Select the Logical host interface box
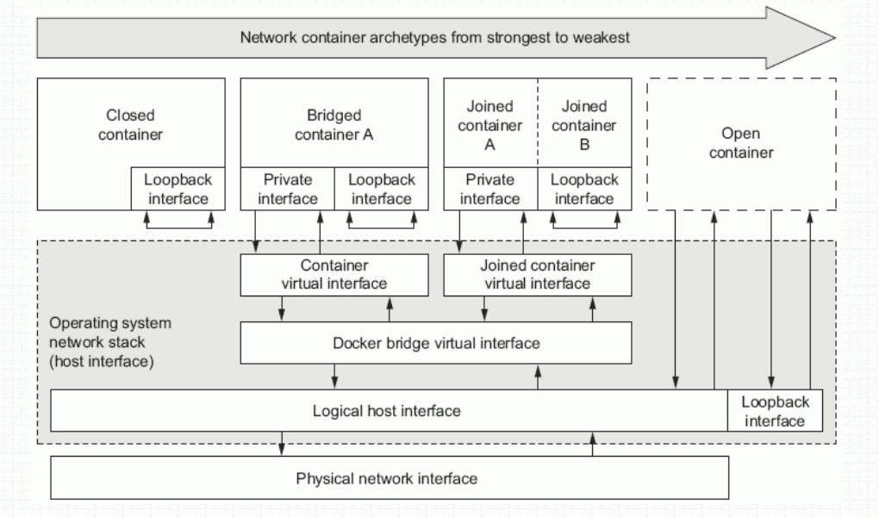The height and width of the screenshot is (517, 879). (388, 411)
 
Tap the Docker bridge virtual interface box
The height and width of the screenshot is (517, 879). (435, 343)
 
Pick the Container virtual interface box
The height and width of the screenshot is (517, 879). (334, 275)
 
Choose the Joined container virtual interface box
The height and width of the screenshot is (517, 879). (537, 275)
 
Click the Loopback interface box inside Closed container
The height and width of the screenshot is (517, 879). (177, 189)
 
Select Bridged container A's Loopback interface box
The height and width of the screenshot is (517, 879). (381, 189)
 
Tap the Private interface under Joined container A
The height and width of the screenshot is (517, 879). (489, 189)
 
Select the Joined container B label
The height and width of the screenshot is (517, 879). (585, 126)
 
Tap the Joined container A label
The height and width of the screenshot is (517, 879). (489, 126)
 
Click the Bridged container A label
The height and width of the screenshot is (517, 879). (334, 124)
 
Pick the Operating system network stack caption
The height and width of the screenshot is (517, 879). (110, 342)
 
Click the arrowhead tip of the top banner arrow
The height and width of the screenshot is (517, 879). (834, 37)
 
